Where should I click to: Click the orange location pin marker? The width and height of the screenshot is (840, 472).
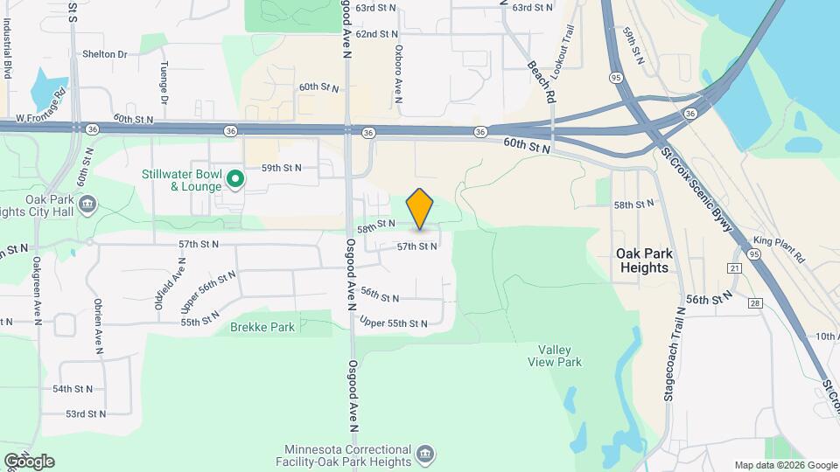pyautogui.click(x=420, y=209)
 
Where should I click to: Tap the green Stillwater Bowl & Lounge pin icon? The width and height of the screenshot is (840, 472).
pyautogui.click(x=234, y=180)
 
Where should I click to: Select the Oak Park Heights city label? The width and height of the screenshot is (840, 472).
pyautogui.click(x=644, y=260)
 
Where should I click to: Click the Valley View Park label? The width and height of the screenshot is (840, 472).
pyautogui.click(x=555, y=355)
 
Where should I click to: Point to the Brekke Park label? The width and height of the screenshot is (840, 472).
pyautogui.click(x=262, y=327)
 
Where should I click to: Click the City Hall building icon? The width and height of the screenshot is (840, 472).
pyautogui.click(x=87, y=205)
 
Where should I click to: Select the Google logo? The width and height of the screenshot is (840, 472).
pyautogui.click(x=28, y=461)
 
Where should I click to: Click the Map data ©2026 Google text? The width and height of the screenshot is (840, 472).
pyautogui.click(x=785, y=465)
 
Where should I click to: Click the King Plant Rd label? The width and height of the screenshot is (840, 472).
pyautogui.click(x=779, y=248)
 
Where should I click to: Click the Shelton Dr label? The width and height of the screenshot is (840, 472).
pyautogui.click(x=104, y=54)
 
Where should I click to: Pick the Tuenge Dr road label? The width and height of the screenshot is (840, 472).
pyautogui.click(x=164, y=81)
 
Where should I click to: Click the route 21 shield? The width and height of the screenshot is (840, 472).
pyautogui.click(x=734, y=267)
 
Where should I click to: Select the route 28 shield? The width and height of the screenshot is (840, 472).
pyautogui.click(x=753, y=302)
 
